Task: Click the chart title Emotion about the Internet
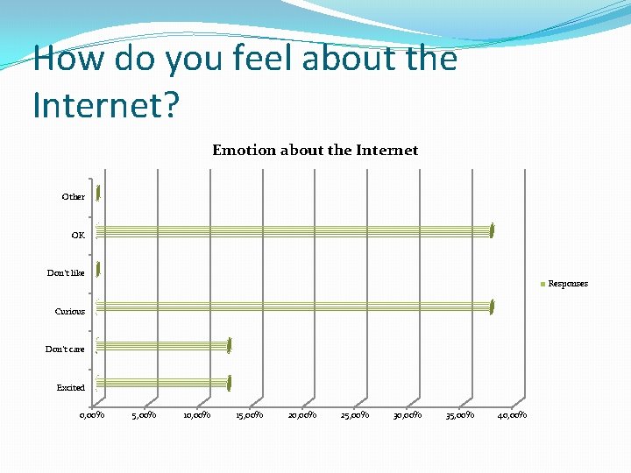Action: tap(315, 150)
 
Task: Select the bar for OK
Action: tap(294, 231)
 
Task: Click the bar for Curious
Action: tap(294, 307)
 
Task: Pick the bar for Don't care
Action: tap(162, 345)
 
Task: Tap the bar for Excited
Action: tap(162, 383)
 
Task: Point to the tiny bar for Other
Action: tap(98, 194)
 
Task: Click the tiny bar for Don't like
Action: tap(98, 270)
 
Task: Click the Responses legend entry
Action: tap(565, 284)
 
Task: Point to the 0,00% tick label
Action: tap(92, 415)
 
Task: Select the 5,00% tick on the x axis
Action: tap(145, 415)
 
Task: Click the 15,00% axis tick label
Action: tap(250, 415)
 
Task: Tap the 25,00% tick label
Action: tap(355, 415)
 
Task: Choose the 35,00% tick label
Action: tap(460, 415)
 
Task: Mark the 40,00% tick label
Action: tap(513, 415)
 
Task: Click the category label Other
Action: tap(74, 197)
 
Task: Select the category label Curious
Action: tap(70, 312)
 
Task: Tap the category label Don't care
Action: tap(66, 349)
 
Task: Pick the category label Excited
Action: tap(71, 388)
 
